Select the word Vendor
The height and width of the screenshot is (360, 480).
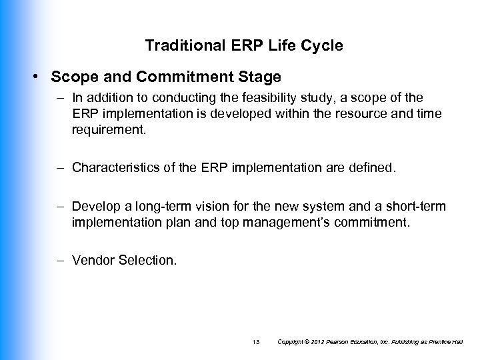click(94, 259)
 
